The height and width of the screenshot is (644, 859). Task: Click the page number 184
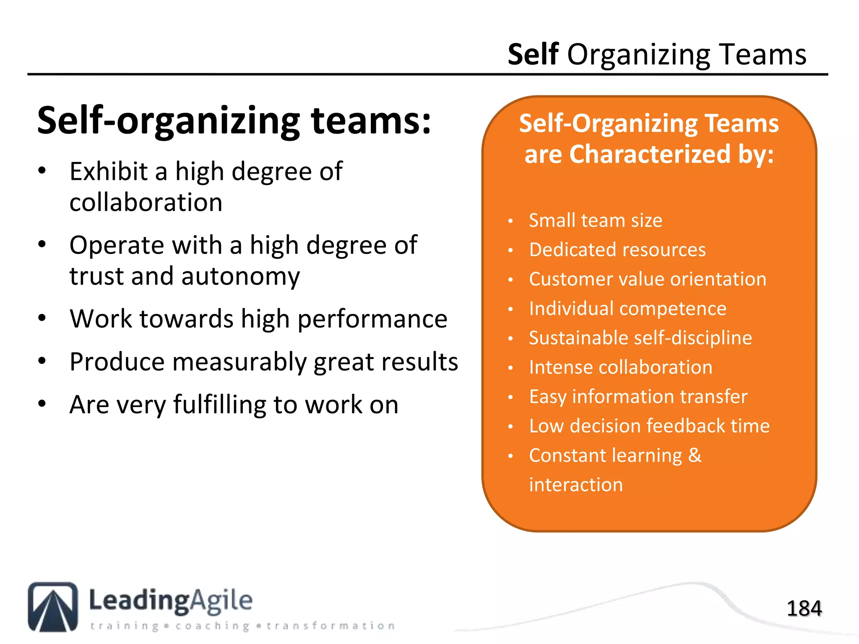tap(804, 608)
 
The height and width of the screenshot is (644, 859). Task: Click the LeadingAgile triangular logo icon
tap(53, 607)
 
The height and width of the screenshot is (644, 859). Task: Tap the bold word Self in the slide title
tap(533, 55)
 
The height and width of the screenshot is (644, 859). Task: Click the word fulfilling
tap(219, 405)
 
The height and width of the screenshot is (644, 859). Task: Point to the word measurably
tap(239, 362)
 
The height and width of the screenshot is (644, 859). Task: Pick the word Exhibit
tap(109, 171)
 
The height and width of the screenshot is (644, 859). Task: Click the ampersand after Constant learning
tap(695, 455)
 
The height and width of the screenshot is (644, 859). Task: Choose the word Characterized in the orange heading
tap(650, 154)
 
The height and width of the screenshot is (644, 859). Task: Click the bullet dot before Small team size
tap(510, 221)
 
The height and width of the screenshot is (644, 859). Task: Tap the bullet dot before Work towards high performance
tap(42, 318)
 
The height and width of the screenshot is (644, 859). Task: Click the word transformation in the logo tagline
tap(331, 626)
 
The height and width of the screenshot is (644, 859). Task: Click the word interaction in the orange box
tap(576, 485)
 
